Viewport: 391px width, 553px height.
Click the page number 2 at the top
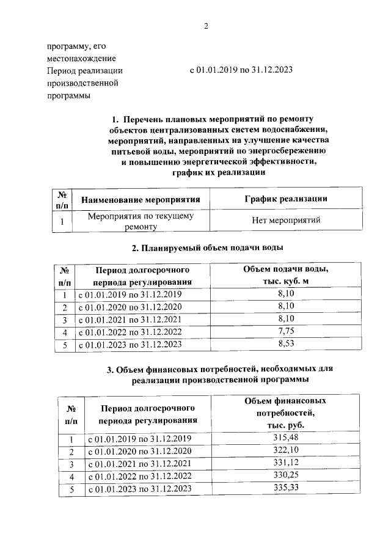coord(206,26)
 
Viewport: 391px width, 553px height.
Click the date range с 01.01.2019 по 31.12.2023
coord(241,70)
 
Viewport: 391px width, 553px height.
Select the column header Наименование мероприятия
coord(141,199)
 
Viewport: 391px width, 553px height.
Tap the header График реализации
coord(285,199)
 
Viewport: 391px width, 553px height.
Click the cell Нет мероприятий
coord(286,221)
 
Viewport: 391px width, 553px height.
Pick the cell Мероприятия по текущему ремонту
coord(141,221)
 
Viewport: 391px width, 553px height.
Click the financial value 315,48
coord(285,438)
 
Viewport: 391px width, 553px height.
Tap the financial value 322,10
coord(285,451)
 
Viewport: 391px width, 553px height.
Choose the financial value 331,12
coord(285,464)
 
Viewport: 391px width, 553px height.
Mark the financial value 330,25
coord(285,476)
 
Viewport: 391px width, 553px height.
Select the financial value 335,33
coord(285,489)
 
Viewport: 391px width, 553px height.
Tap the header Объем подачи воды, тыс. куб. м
coord(286,275)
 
